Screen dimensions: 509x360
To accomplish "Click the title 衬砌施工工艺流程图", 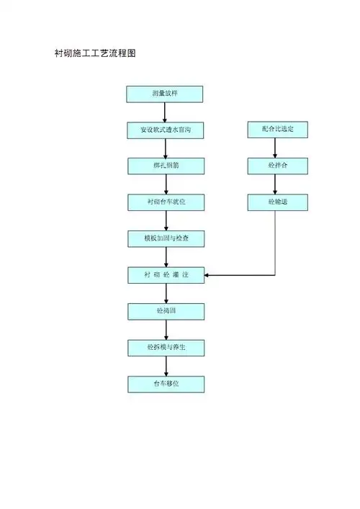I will (x=96, y=53).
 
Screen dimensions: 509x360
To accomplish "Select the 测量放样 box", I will (x=165, y=94).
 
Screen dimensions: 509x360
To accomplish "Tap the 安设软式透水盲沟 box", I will (x=166, y=130).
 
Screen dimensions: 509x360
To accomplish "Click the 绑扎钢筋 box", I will (x=166, y=166).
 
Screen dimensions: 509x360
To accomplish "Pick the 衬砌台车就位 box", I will (x=166, y=202).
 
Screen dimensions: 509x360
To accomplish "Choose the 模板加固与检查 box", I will (x=166, y=238).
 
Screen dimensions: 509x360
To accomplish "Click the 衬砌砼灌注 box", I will (x=166, y=275).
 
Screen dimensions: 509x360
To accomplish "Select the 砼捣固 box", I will (x=166, y=311).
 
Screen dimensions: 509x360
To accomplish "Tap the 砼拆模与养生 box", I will (x=166, y=348).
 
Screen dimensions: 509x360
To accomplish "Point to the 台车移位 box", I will (x=166, y=384).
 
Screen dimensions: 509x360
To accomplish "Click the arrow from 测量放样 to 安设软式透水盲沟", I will (x=166, y=112).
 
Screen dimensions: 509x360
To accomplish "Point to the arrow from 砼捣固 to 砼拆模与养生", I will (x=166, y=330).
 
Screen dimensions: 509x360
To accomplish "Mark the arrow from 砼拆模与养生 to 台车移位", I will (x=166, y=366).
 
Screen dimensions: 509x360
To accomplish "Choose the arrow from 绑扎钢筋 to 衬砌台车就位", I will (x=166, y=184).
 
